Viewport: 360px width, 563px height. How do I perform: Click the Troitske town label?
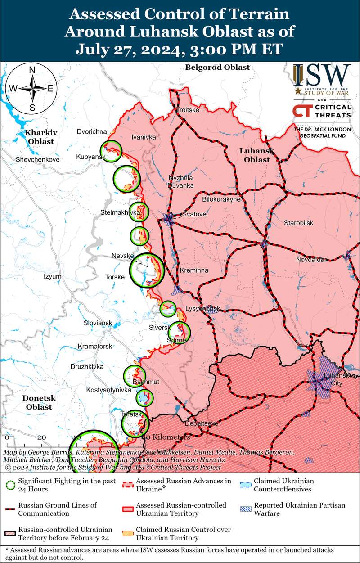(187, 109)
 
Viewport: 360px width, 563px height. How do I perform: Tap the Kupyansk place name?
(90, 157)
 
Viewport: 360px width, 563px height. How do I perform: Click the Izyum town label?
(52, 276)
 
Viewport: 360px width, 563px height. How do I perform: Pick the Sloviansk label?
(98, 323)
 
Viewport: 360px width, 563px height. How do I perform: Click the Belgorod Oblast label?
(217, 68)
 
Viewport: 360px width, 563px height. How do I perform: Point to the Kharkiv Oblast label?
(40, 137)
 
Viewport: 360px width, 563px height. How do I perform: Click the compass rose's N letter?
(32, 70)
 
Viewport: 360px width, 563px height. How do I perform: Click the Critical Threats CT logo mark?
(300, 111)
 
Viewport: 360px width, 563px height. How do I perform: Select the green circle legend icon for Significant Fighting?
(12, 485)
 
